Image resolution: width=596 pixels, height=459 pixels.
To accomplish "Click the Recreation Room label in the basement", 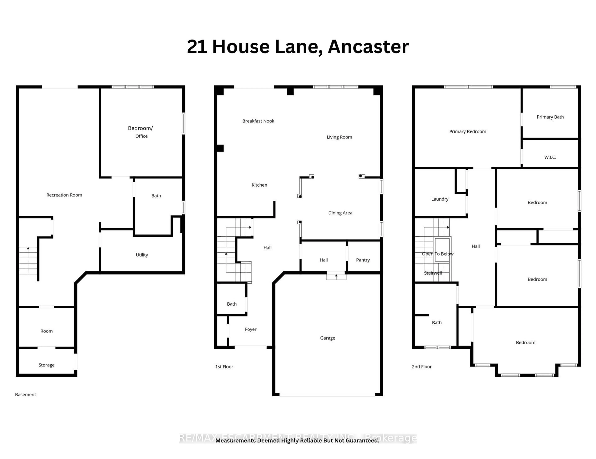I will click(64, 195).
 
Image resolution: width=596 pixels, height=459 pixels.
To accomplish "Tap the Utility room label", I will click(142, 255).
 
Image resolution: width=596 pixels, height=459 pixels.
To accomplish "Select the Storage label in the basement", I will click(46, 365).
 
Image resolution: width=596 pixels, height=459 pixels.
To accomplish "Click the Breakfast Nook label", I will click(258, 121).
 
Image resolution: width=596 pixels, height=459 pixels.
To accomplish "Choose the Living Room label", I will click(339, 137).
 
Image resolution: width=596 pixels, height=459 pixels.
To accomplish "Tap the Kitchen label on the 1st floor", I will click(259, 185).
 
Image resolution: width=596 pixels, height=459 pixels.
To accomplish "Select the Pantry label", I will click(363, 260).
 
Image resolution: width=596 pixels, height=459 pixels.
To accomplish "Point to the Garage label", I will click(327, 338).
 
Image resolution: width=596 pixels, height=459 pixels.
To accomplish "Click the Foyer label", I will click(251, 329).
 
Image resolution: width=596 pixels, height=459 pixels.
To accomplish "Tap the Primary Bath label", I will click(550, 117).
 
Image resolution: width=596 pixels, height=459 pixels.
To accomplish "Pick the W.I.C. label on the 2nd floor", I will click(550, 157).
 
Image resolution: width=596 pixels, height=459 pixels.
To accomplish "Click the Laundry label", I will click(440, 199).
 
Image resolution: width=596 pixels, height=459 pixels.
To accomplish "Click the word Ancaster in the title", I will click(368, 47).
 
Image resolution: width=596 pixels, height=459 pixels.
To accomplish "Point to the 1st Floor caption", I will click(224, 367).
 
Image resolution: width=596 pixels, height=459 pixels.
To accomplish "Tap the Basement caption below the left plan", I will click(25, 395).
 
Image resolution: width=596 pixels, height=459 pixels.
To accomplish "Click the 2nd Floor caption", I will click(422, 367).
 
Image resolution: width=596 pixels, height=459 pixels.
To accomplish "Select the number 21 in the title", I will click(197, 47).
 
